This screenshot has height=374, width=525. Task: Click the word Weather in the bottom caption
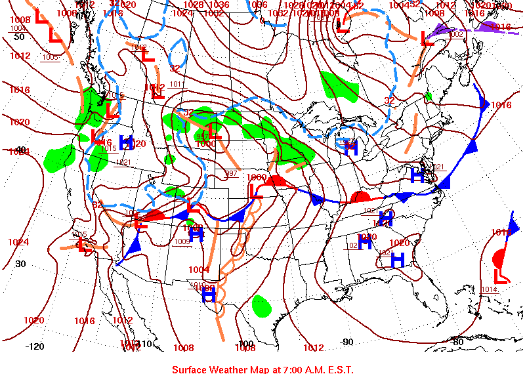point(234,369)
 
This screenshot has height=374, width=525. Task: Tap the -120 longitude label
point(35,346)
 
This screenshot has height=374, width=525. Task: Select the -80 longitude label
point(458,341)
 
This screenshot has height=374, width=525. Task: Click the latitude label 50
point(19,37)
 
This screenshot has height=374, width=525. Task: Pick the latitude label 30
point(20,264)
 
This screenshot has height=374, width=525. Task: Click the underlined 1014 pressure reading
point(489,289)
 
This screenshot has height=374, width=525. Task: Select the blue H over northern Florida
point(397,260)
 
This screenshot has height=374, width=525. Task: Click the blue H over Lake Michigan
point(351,148)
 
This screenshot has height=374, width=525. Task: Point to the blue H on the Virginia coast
point(417,176)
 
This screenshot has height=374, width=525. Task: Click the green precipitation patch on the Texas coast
point(262,304)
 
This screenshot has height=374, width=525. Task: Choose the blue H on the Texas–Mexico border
point(209,296)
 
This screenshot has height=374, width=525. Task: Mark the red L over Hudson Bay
point(342,26)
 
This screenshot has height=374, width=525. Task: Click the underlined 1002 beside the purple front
point(456,33)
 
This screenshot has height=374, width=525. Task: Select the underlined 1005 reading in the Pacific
point(50,57)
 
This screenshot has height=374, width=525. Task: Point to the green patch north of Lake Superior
point(340,87)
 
